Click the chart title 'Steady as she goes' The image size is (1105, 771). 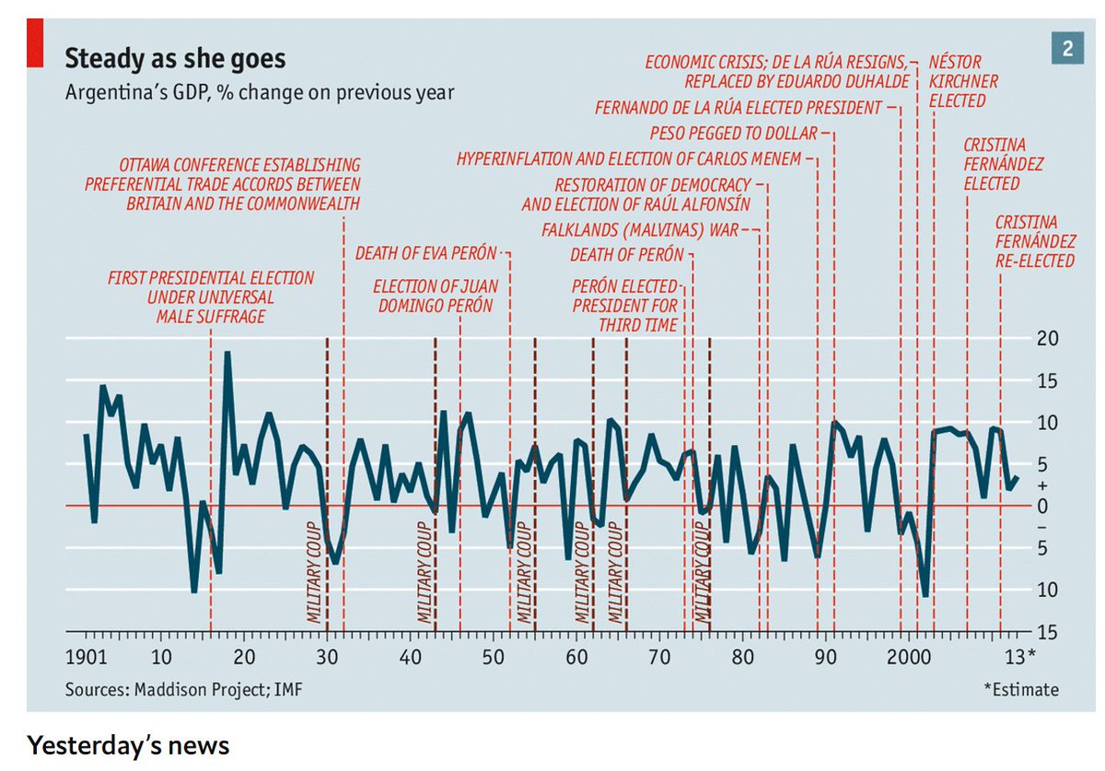pyautogui.click(x=175, y=60)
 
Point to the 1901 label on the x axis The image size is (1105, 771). pyautogui.click(x=85, y=658)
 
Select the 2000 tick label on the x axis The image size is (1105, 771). pyautogui.click(x=910, y=658)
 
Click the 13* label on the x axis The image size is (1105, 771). pyautogui.click(x=1019, y=658)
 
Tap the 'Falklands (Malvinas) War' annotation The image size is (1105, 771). pyautogui.click(x=640, y=229)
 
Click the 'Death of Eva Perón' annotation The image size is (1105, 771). pyautogui.click(x=426, y=252)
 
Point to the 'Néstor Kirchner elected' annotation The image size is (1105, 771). pyautogui.click(x=963, y=81)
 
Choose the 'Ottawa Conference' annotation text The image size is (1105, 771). pyautogui.click(x=222, y=184)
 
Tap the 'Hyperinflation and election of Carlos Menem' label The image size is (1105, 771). pyautogui.click(x=629, y=158)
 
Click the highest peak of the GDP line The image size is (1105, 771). pyautogui.click(x=227, y=353)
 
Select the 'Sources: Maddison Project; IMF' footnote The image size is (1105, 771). pyautogui.click(x=182, y=689)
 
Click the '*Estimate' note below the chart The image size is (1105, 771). pyautogui.click(x=1020, y=689)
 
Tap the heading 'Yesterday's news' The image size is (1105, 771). pyautogui.click(x=128, y=744)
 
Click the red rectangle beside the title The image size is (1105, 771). pyautogui.click(x=34, y=44)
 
